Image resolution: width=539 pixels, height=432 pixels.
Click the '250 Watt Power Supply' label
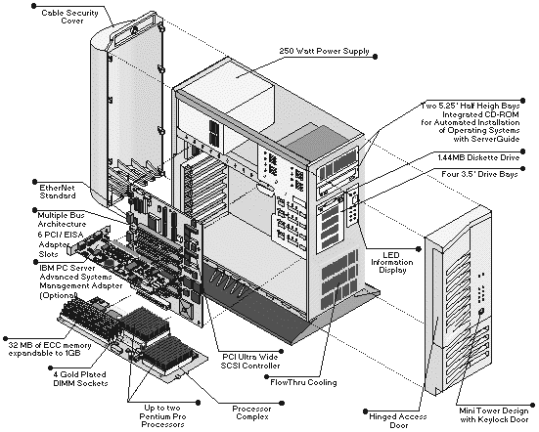tap(324, 51)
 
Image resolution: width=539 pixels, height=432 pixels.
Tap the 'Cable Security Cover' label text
tap(70, 17)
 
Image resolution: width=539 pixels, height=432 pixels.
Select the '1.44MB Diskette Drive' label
tap(478, 157)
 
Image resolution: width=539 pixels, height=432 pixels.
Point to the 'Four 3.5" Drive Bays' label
tap(479, 174)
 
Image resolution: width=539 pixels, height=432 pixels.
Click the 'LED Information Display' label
tap(392, 262)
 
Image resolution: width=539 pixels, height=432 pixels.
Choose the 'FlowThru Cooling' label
tap(303, 382)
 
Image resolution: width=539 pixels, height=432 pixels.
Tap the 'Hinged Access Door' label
tap(398, 420)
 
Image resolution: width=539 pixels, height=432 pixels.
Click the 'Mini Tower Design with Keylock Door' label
tap(494, 415)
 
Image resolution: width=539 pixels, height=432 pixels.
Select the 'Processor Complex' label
tap(252, 412)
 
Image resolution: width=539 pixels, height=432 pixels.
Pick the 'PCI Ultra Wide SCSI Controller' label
tap(250, 362)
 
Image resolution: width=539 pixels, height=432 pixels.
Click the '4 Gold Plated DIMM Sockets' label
tap(80, 379)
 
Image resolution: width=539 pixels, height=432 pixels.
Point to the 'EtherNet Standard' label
tap(58, 192)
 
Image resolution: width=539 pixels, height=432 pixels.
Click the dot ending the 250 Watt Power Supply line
tap(375, 57)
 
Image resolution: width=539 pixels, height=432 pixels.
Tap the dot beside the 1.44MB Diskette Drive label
tap(523, 151)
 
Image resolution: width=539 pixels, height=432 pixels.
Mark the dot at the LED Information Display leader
tap(419, 249)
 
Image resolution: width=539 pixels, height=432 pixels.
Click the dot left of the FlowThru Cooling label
tap(266, 377)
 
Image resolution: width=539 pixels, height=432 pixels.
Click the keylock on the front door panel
tap(481, 312)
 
